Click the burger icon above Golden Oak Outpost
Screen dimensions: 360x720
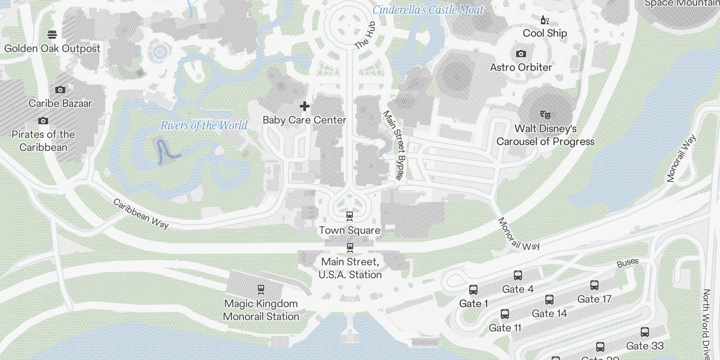click(x=52, y=34)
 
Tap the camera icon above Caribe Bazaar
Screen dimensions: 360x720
click(x=60, y=90)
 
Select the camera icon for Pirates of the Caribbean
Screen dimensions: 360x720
click(x=43, y=121)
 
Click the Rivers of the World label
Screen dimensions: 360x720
click(x=204, y=126)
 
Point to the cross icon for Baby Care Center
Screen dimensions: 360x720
click(x=305, y=106)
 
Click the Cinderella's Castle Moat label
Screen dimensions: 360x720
click(x=428, y=10)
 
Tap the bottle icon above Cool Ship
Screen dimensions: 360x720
click(x=544, y=20)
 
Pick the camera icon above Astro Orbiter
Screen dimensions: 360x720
click(x=521, y=54)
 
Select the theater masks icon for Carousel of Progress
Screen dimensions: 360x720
click(x=545, y=114)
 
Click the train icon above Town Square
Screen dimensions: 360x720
click(x=350, y=216)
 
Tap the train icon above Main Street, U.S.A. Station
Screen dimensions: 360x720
click(x=350, y=247)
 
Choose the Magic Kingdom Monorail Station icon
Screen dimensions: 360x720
click(x=261, y=289)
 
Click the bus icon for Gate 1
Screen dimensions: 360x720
click(x=473, y=290)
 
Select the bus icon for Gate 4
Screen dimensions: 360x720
click(x=518, y=275)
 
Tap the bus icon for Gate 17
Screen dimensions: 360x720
click(x=594, y=285)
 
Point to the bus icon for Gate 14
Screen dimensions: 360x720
click(x=549, y=300)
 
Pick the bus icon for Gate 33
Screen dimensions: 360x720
click(x=645, y=332)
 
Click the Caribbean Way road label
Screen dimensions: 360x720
click(x=141, y=214)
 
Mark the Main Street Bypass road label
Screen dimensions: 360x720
click(x=394, y=145)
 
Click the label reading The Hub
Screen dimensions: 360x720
click(x=365, y=35)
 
